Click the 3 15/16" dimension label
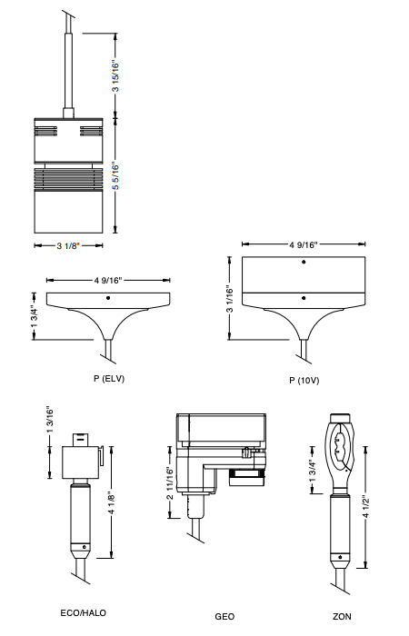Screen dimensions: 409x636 pyautogui.click(x=115, y=76)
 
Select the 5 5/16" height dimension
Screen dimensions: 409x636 pyautogui.click(x=115, y=176)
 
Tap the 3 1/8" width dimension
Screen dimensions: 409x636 pyautogui.click(x=68, y=246)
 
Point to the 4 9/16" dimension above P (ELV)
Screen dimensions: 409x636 pyautogui.click(x=108, y=280)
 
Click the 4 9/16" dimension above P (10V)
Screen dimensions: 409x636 pyautogui.click(x=303, y=244)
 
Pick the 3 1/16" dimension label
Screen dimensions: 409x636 pyautogui.click(x=230, y=299)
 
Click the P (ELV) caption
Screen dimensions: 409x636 pyautogui.click(x=109, y=379)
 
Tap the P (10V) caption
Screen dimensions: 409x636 pyautogui.click(x=304, y=381)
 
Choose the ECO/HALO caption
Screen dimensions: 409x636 pyautogui.click(x=84, y=613)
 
